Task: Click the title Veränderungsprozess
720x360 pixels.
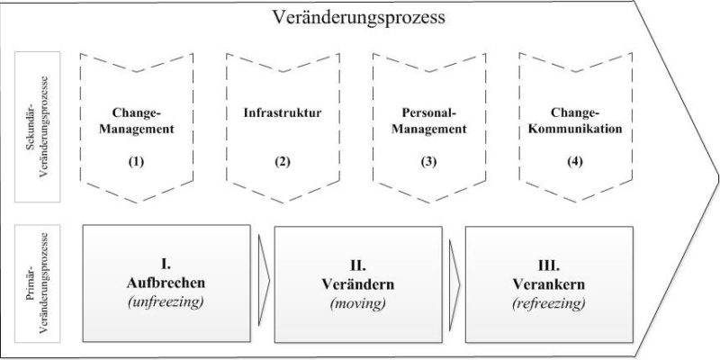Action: tap(358, 18)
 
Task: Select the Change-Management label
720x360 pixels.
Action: tap(137, 121)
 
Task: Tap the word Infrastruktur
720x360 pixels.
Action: tap(283, 113)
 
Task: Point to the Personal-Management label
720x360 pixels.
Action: tap(429, 121)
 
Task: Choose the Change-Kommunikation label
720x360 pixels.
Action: tap(575, 121)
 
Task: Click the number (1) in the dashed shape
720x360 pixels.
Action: tap(137, 162)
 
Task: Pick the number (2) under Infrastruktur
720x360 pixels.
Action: tap(283, 162)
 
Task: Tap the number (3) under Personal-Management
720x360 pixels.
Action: tap(429, 162)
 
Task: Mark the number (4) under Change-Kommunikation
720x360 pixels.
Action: tap(575, 162)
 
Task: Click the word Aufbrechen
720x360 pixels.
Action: tap(166, 283)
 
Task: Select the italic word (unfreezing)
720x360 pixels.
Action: tap(166, 303)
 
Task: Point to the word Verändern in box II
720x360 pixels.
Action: tap(357, 284)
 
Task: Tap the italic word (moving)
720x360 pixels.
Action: tap(357, 303)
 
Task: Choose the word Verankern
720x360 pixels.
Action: tap(549, 284)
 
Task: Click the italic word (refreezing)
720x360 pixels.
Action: tap(549, 303)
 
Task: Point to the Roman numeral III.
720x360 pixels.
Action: tap(549, 265)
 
